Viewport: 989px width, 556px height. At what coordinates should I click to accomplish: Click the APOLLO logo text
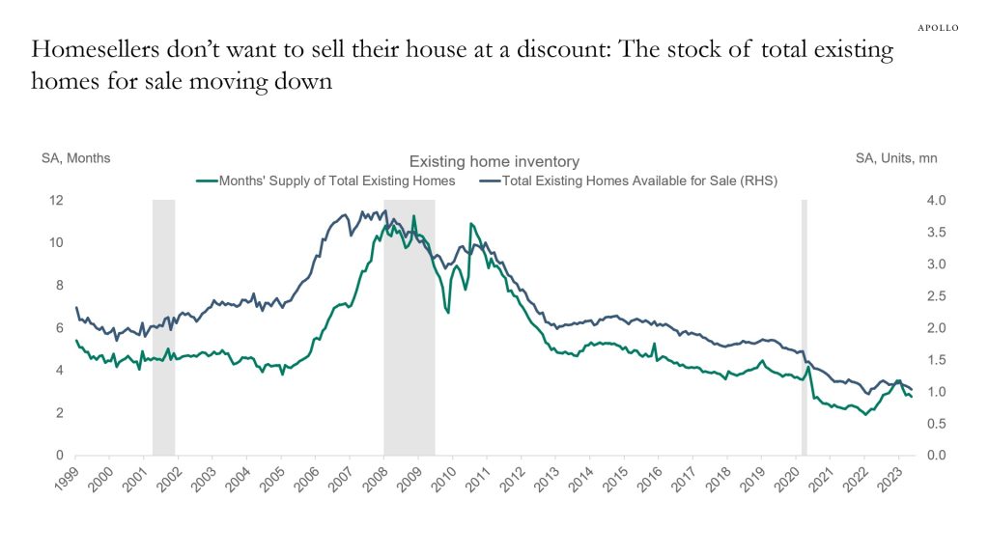[936, 28]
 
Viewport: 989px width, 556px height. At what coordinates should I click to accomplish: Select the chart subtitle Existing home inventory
[494, 162]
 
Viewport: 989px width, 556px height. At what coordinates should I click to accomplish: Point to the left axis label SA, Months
[75, 158]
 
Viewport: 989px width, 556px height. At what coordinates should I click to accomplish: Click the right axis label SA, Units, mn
[895, 158]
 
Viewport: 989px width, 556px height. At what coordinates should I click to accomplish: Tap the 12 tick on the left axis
[56, 201]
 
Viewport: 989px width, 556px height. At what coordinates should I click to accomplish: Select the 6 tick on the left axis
[59, 328]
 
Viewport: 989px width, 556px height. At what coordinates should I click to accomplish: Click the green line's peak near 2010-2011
[471, 224]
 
